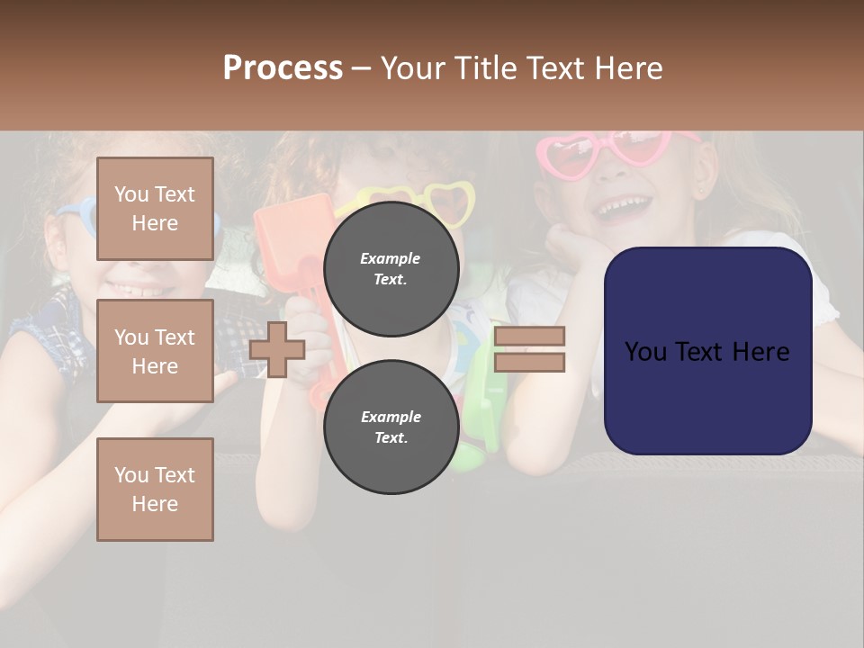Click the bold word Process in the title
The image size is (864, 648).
pos(283,68)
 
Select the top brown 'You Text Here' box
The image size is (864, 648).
pos(155,209)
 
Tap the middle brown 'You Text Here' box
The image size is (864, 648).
pos(155,351)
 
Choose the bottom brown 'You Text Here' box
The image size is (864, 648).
pos(155,489)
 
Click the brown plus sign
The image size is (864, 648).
pos(277,348)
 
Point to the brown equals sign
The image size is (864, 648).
pos(529,349)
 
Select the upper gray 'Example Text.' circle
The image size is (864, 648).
pos(391,268)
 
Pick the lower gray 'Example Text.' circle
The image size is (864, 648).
pos(391,427)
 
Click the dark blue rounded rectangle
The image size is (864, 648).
pos(707,350)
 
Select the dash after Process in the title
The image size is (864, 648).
pos(362,68)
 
